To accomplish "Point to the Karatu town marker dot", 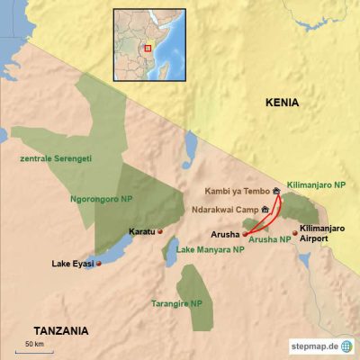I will point(160,232).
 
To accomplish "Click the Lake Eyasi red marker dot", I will point(99,264).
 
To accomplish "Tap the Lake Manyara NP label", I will point(211,249).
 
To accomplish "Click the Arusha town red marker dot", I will point(245,233).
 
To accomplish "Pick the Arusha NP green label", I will point(270,239).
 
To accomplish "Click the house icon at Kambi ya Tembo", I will point(276,191).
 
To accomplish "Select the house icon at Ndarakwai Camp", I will point(265,209).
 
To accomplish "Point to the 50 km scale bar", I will point(35,352).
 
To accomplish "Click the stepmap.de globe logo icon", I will point(346,346).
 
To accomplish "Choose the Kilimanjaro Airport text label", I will point(323,234).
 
